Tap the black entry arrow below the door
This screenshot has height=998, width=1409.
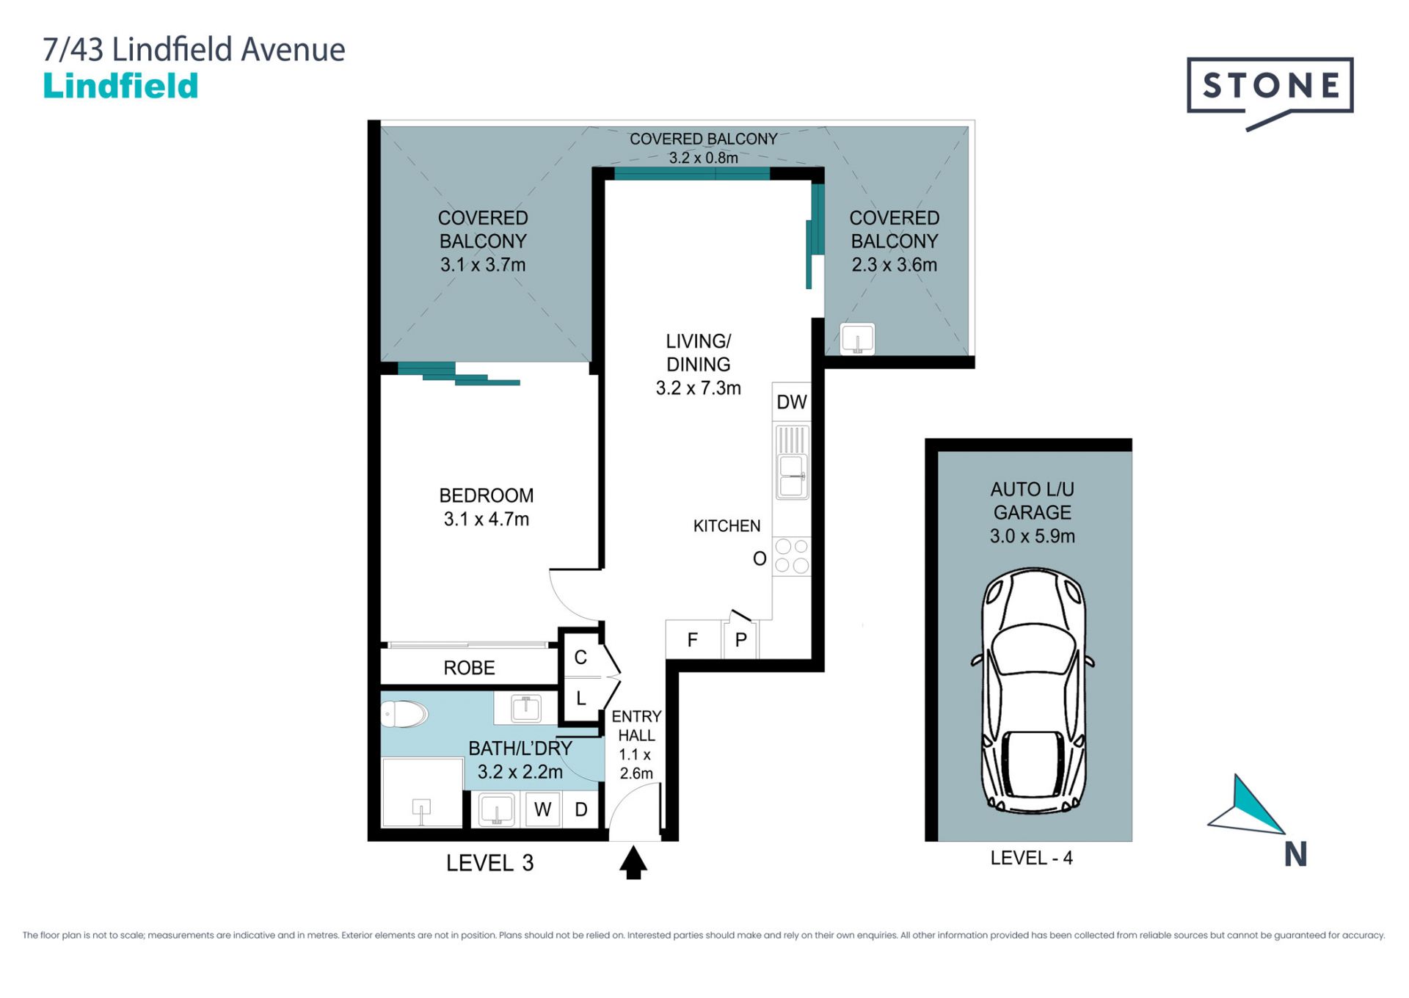(633, 862)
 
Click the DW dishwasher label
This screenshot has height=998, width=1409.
(791, 402)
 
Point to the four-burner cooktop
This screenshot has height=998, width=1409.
(792, 556)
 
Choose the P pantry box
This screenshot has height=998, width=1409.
(740, 640)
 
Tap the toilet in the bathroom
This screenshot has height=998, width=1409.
(404, 713)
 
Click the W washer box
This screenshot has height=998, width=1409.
(542, 809)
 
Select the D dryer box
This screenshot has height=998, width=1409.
(581, 809)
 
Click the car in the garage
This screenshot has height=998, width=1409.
(1033, 691)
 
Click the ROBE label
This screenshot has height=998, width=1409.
(469, 668)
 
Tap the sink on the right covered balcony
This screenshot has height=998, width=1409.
(857, 340)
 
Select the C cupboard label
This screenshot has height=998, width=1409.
(580, 658)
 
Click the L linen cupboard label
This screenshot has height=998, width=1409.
(581, 699)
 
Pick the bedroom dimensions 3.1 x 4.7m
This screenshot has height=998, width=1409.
(486, 520)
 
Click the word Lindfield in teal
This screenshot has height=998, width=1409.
(121, 86)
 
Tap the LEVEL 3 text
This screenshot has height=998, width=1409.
(489, 863)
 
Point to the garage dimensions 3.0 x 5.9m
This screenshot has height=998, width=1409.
(1032, 536)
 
